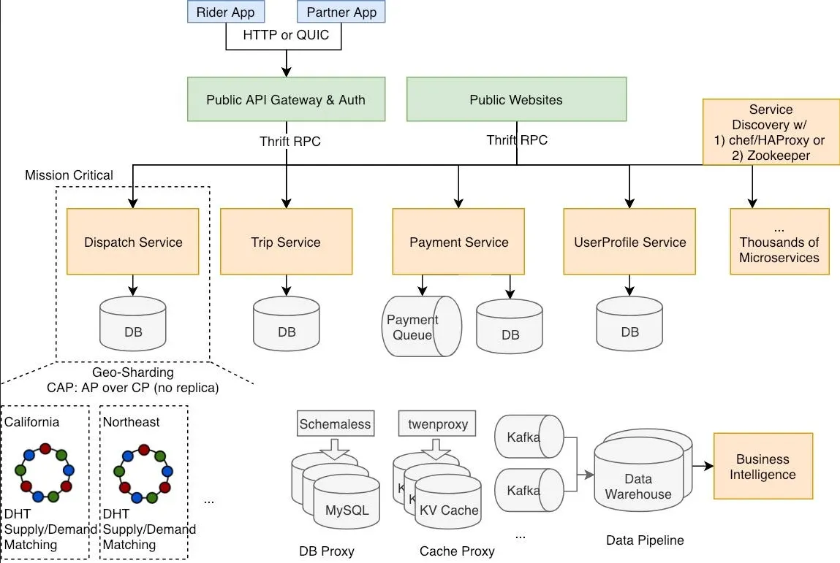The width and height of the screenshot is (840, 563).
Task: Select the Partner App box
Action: point(341,12)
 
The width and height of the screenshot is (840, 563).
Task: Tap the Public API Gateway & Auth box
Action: point(286,99)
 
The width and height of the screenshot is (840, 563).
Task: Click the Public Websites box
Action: point(516,99)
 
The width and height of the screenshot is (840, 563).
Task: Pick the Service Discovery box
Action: point(771,131)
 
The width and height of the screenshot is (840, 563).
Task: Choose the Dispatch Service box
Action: point(133,242)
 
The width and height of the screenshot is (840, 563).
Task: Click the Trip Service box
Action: point(286,242)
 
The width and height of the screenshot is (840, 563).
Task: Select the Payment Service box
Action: point(458,242)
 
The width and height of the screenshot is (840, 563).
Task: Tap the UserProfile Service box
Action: point(629,242)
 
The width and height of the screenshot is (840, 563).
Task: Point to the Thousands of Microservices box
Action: point(779,242)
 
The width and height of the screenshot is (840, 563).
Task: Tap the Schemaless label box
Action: point(336,424)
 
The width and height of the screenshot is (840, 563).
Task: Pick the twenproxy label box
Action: point(437,424)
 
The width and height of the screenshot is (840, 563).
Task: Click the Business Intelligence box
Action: point(763,466)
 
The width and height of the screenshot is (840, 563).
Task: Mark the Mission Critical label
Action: point(69,175)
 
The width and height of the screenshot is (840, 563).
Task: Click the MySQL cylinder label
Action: point(347,510)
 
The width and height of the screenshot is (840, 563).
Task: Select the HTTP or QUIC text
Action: point(286,34)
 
